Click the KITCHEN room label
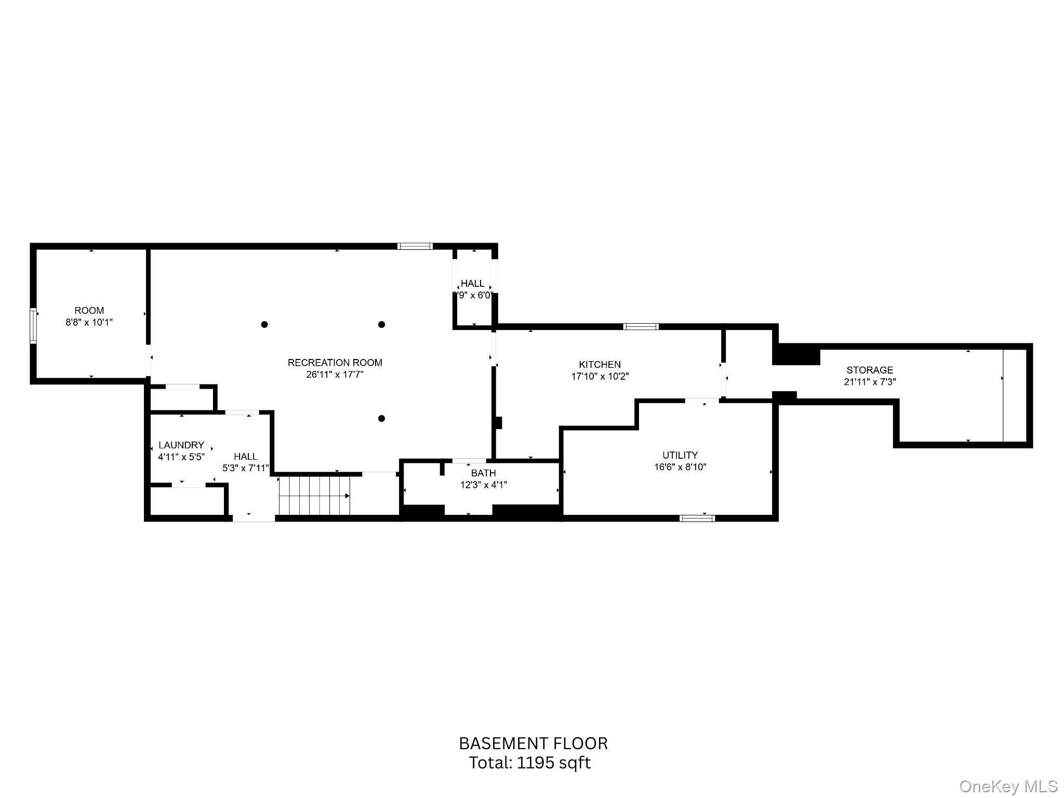(x=600, y=365)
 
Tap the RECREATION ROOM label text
(x=335, y=363)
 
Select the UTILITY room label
(x=680, y=455)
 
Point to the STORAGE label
(x=870, y=370)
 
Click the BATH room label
(x=483, y=473)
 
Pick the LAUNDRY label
(x=181, y=445)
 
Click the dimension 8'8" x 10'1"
(x=89, y=323)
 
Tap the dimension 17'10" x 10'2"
(x=600, y=377)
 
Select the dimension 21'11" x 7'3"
(x=870, y=382)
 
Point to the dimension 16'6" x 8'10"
(x=680, y=467)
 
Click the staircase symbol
(x=314, y=496)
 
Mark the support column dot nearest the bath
(x=381, y=419)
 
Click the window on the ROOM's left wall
(x=33, y=326)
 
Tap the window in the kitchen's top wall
(x=641, y=327)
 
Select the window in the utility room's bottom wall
(x=697, y=518)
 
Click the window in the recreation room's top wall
(x=415, y=246)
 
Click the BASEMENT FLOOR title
(x=533, y=743)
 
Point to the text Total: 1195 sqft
(x=530, y=763)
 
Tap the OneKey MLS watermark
(x=1008, y=786)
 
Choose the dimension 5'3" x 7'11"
(x=246, y=468)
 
